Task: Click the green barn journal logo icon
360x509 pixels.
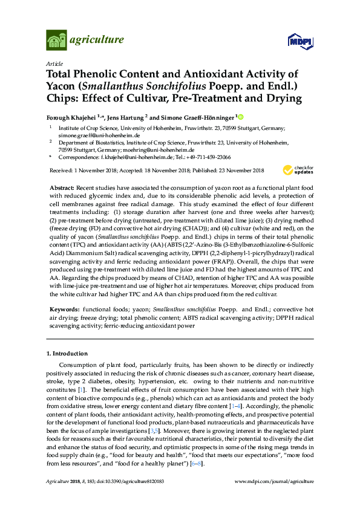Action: coord(56,41)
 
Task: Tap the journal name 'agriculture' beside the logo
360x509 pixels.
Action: coord(97,41)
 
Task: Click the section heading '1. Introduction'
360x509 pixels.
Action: coord(67,352)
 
